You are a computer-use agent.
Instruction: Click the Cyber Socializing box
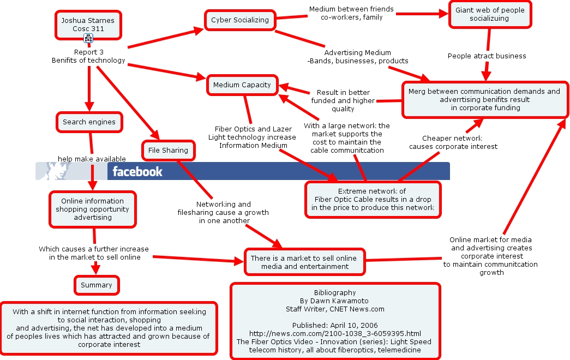240,20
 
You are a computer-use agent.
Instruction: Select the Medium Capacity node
242,85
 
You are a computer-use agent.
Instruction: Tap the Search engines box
89,122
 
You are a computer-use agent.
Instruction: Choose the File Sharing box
169,151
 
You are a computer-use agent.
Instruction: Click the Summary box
97,285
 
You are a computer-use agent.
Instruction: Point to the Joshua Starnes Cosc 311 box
88,25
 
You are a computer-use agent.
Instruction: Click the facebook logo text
137,171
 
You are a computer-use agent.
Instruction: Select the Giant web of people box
490,14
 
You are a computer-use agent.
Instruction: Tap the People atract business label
487,56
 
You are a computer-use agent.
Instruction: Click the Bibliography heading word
335,293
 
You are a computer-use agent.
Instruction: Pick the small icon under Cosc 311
88,38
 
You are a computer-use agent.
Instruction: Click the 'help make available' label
92,159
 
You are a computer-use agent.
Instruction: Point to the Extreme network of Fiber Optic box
373,200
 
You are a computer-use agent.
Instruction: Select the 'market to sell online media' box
304,262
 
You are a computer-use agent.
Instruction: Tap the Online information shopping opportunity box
93,209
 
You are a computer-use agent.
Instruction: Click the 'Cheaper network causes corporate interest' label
453,142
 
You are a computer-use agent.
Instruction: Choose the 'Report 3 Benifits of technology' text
88,56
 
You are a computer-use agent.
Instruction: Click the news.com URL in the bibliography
335,334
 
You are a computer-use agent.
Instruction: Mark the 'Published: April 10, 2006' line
335,326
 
